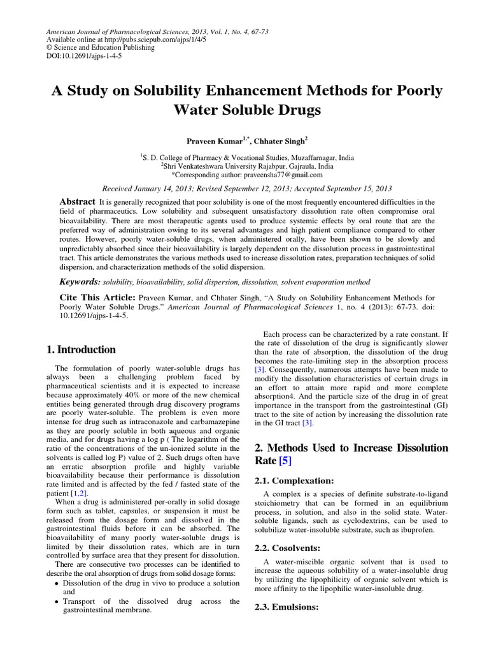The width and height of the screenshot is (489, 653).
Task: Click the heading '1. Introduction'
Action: [81, 349]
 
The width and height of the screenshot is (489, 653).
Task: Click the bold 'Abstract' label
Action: [77, 200]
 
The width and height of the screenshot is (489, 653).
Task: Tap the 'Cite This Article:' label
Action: [97, 298]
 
